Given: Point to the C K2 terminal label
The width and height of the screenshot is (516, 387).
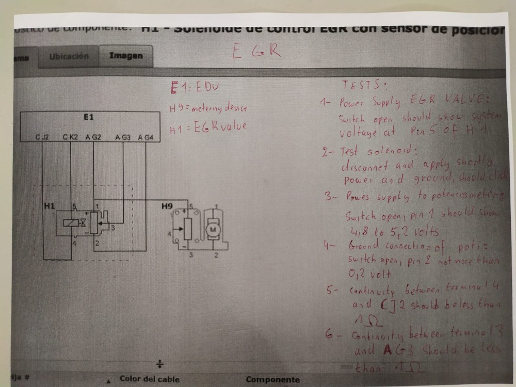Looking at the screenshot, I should pos(70,137).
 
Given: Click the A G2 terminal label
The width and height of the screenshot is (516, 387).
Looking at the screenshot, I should pos(93,137).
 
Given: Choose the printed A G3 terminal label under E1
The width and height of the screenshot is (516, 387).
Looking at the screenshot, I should pos(123,137).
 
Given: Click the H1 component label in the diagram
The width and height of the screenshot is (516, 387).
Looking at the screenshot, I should pos(50,206).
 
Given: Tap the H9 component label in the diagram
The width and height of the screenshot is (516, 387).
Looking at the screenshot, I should pos(167,206).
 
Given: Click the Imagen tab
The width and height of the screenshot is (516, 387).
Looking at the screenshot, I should pos(126,56).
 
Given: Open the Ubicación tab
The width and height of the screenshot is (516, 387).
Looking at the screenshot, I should pos(69,56).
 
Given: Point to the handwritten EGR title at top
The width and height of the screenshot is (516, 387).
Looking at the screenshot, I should pos(256,52).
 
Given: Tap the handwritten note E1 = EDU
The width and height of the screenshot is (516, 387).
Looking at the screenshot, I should pos(195,88).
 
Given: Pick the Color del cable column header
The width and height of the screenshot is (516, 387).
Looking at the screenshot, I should pos(149,379).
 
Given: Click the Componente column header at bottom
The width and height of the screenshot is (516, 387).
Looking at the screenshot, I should pos(272,380).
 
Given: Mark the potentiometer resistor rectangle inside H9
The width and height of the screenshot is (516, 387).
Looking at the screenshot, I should pos(188,229).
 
